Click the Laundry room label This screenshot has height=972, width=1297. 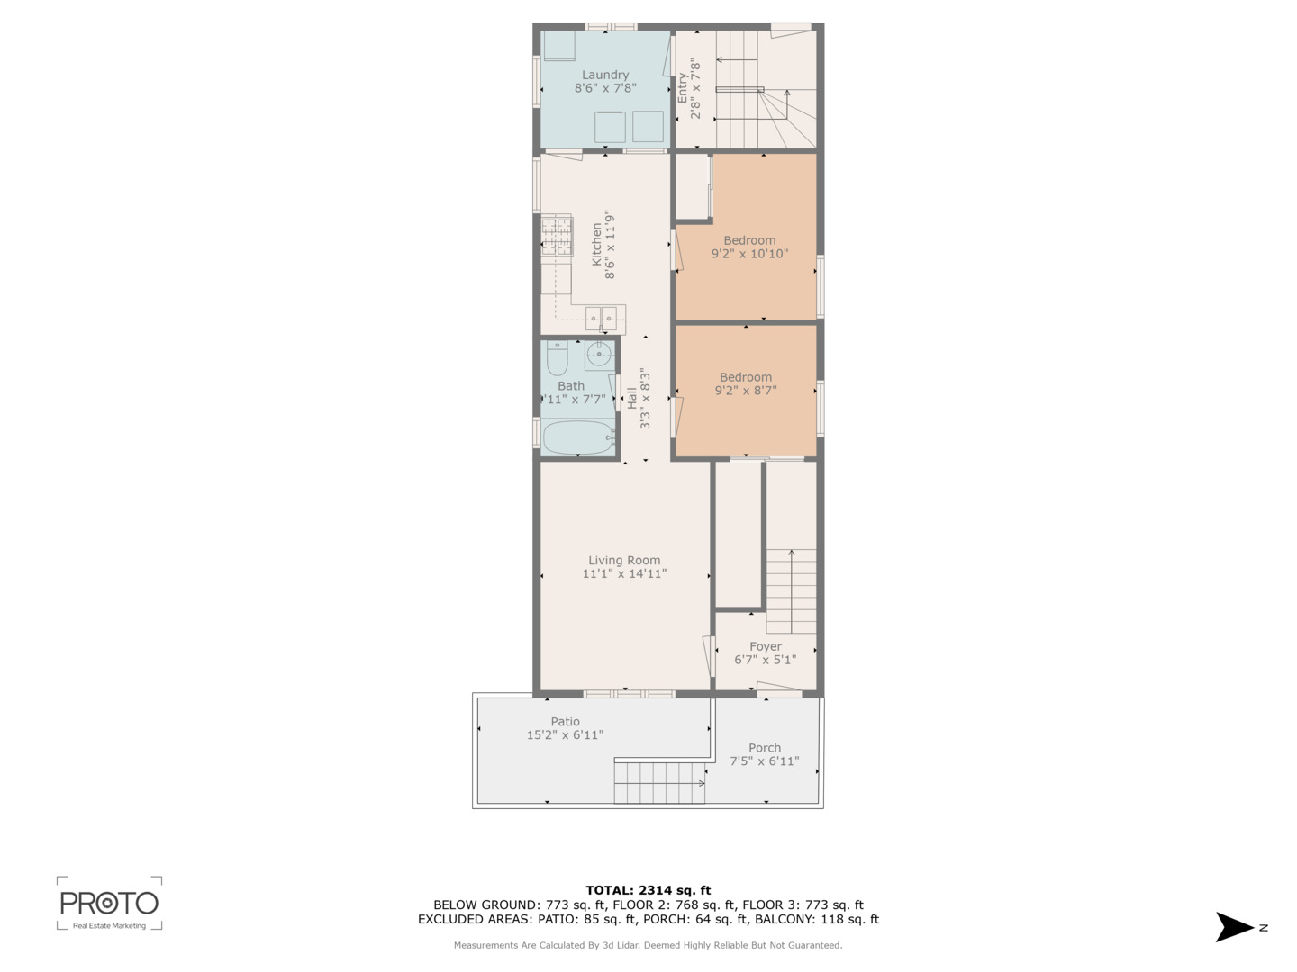(604, 75)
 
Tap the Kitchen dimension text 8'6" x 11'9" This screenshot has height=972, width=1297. (610, 244)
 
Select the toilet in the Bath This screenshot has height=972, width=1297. (557, 358)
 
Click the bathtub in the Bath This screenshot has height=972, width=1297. (578, 436)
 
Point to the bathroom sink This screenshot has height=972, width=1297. (599, 355)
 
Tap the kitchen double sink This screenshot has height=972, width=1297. (601, 319)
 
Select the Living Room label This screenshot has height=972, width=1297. (624, 560)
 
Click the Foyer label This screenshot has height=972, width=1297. (766, 646)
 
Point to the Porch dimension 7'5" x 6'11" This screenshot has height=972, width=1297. (765, 760)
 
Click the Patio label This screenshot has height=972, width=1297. (565, 721)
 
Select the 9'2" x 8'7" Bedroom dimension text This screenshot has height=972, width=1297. (746, 390)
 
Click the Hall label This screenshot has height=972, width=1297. (631, 399)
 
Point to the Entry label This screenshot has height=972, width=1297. (682, 88)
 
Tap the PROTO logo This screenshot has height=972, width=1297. (109, 904)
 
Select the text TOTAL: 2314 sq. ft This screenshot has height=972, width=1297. (648, 890)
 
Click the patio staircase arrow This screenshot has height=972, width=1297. (659, 783)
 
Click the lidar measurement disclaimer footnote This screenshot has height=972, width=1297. (648, 945)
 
